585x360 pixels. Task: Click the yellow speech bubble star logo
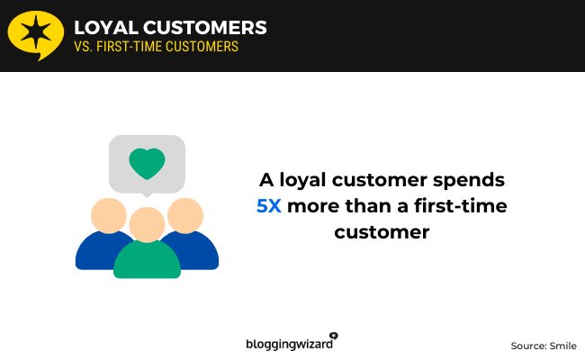pos(35,33)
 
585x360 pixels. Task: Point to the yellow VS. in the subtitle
pos(84,47)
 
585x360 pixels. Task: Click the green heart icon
pos(147,163)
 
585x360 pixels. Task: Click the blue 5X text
pos(268,205)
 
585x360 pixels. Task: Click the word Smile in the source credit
pos(562,346)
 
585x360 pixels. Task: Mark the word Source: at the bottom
pos(528,346)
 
